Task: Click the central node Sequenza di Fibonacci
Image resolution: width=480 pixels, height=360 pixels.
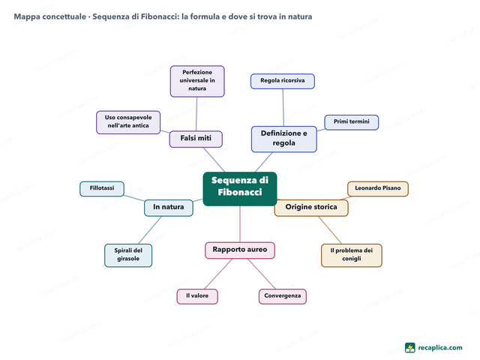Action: tap(240, 189)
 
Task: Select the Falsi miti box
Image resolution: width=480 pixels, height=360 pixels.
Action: tap(196, 139)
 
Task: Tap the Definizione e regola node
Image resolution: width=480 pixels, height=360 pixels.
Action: tap(284, 139)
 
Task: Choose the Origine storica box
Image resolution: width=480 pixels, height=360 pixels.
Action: tap(311, 208)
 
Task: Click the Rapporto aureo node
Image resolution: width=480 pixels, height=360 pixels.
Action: tap(240, 250)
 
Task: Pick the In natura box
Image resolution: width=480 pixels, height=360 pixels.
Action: tap(169, 208)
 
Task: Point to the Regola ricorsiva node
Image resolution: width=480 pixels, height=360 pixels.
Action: tap(283, 82)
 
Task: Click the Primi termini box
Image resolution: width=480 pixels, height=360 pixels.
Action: tap(352, 122)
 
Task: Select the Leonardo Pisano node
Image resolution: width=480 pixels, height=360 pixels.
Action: tap(378, 189)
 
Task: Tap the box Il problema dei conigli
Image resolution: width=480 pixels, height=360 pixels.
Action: tap(352, 255)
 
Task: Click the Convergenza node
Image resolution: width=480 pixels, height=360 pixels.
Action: tap(283, 296)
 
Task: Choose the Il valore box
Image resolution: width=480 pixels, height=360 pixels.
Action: tap(197, 296)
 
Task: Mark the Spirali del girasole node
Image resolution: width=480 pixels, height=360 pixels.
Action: tap(128, 255)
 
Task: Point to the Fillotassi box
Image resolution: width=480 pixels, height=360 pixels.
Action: tap(102, 189)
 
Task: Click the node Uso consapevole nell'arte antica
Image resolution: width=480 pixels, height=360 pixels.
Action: tap(128, 122)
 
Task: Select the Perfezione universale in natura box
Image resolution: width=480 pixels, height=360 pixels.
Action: tap(197, 82)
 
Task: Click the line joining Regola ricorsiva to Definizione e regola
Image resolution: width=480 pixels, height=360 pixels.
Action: tap(283, 107)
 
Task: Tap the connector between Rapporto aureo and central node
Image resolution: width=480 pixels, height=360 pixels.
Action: tap(240, 224)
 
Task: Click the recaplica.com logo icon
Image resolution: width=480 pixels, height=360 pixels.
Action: tap(410, 348)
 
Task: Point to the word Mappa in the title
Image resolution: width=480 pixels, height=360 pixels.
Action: tap(27, 16)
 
